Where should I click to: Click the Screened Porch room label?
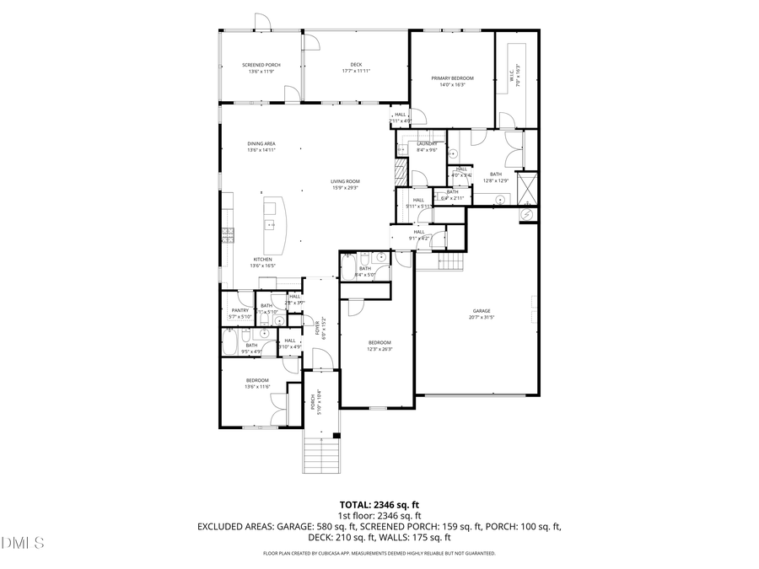pos(261,65)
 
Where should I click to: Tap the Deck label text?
pos(356,65)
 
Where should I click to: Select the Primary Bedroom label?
pos(452,78)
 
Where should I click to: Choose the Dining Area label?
pos(261,144)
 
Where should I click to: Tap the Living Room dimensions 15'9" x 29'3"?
pos(345,187)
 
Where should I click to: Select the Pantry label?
pos(240,310)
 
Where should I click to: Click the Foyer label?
pos(318,324)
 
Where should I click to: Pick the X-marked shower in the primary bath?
pos(527,185)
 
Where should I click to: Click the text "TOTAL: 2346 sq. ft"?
pos(379,504)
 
